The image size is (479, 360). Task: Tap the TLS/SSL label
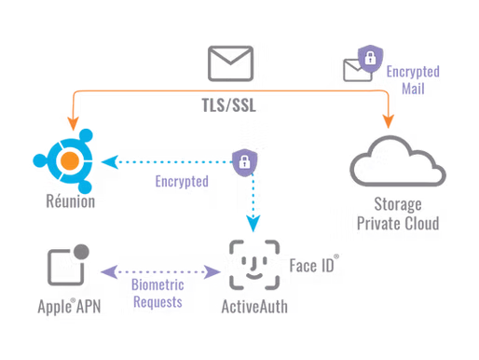[x=229, y=105]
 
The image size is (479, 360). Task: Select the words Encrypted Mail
[x=413, y=80]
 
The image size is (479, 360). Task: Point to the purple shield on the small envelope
[x=370, y=58]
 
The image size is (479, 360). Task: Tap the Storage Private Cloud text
[x=398, y=214]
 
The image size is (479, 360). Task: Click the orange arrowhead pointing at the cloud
[x=389, y=121]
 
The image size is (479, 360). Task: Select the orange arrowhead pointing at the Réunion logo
[x=74, y=123]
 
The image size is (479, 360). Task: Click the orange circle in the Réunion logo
[x=70, y=160]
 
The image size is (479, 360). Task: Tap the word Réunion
[x=71, y=201]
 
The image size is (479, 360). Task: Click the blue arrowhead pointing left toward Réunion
[x=110, y=162]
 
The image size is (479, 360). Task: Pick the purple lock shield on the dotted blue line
[x=245, y=162]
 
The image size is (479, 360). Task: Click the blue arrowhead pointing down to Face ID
[x=253, y=223]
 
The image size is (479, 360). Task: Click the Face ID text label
[x=314, y=265]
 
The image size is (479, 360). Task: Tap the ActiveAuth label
[x=254, y=307]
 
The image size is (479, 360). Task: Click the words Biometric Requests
[x=157, y=293]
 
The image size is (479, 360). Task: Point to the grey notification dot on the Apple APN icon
[x=82, y=252]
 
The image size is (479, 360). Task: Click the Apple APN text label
[x=69, y=307]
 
